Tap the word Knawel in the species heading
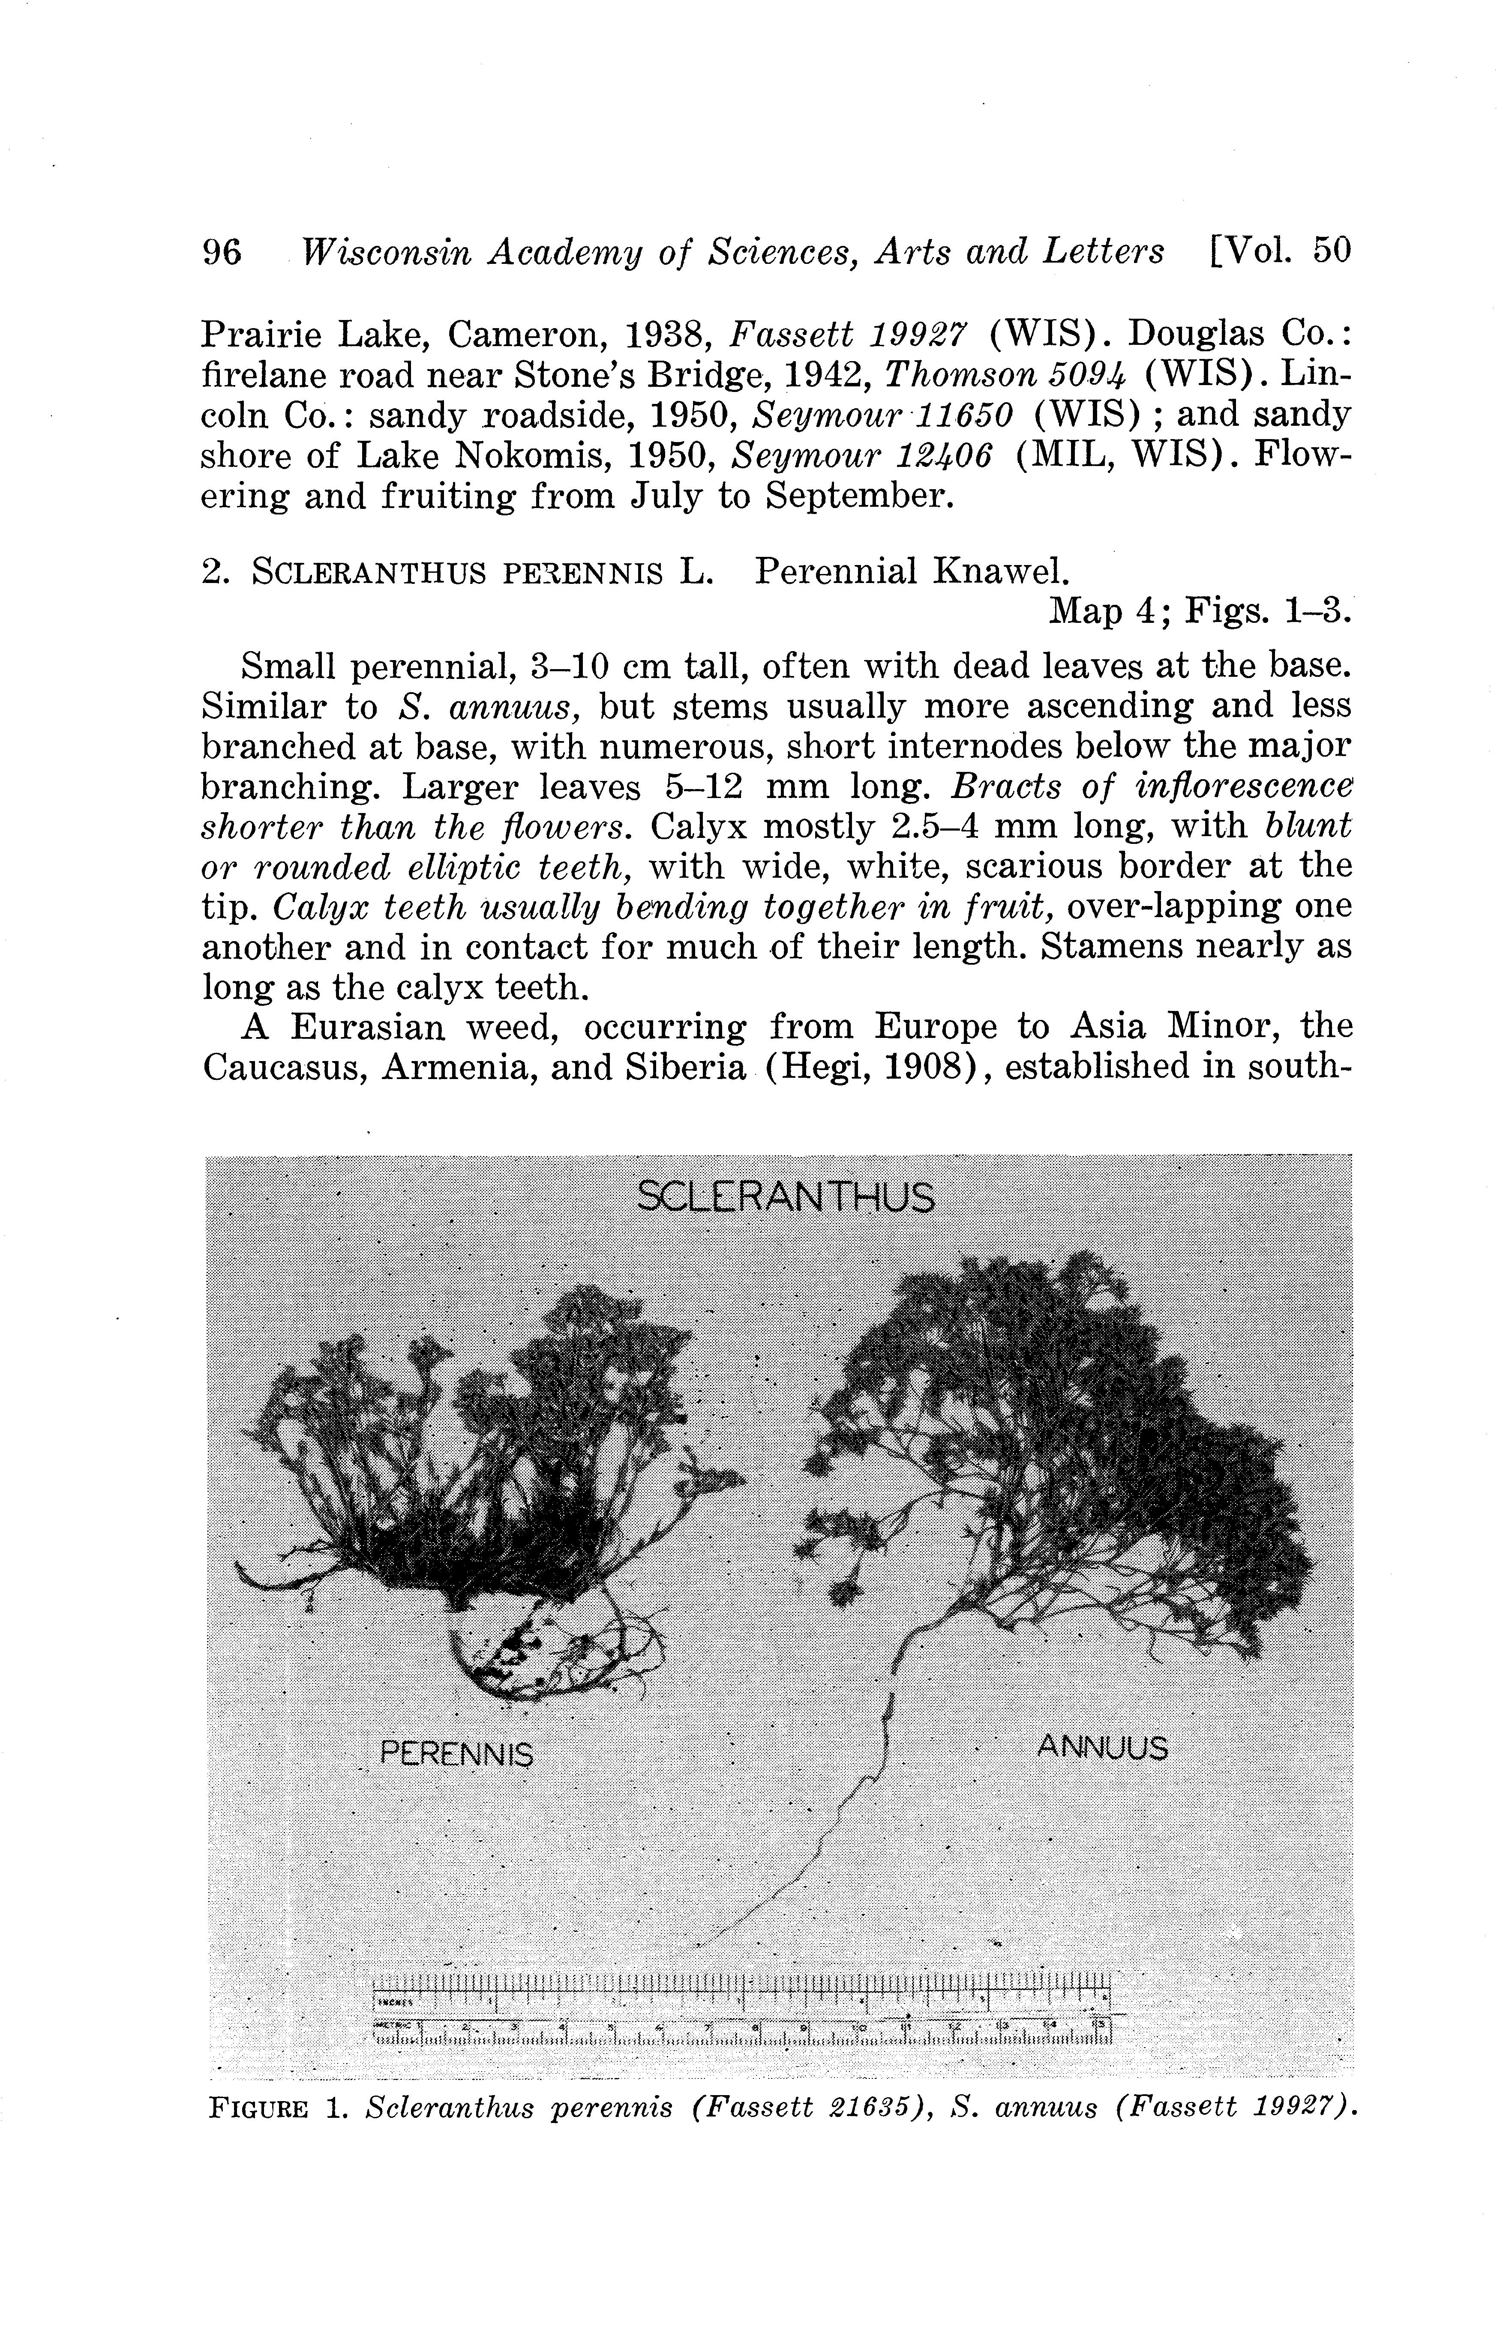coord(1001,571)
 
